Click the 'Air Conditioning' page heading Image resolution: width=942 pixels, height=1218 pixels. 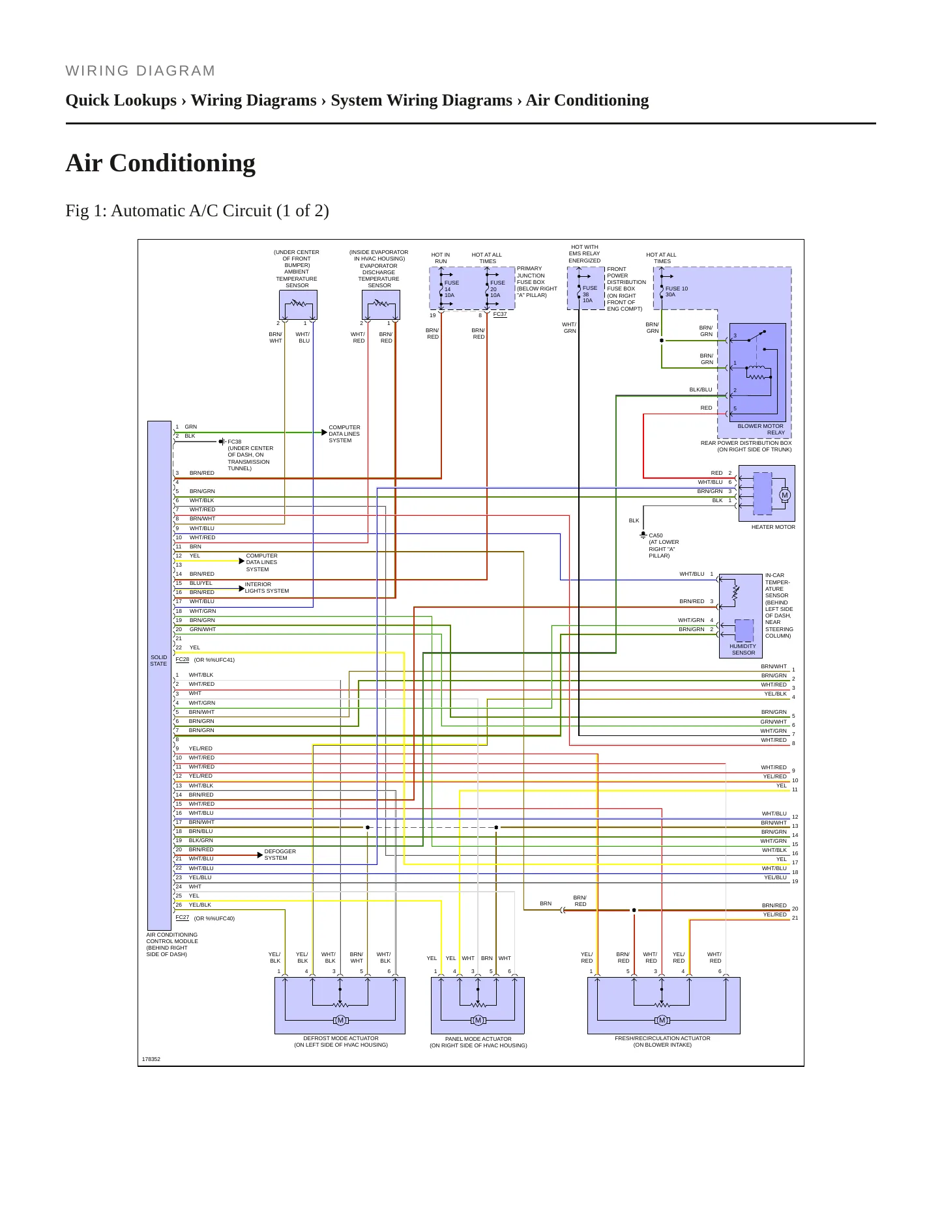[x=160, y=163]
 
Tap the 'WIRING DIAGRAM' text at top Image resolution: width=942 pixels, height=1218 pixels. [x=140, y=71]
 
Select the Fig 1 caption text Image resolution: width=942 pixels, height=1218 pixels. [x=197, y=211]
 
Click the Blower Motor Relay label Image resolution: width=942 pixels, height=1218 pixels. [x=761, y=429]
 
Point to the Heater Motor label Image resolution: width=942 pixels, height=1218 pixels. [x=773, y=527]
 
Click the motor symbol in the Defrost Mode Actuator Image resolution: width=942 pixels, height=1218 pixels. [x=340, y=1020]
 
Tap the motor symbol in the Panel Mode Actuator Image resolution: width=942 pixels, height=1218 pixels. [x=478, y=1020]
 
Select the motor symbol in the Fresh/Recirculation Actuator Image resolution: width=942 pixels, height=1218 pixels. [x=662, y=1020]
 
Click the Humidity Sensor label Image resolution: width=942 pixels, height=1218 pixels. [x=743, y=649]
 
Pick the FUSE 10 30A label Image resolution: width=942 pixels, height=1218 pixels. [x=676, y=292]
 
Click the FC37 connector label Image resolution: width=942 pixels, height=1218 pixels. [x=500, y=314]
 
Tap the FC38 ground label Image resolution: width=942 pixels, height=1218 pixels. [x=235, y=442]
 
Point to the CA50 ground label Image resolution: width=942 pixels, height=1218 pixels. [x=656, y=535]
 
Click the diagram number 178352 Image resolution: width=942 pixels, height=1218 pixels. [x=151, y=1059]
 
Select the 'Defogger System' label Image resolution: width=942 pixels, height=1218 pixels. [x=280, y=855]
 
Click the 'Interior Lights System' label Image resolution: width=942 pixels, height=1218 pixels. [x=267, y=588]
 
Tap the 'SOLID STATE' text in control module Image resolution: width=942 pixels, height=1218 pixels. [x=158, y=660]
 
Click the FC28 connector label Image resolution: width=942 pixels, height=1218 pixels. [x=183, y=659]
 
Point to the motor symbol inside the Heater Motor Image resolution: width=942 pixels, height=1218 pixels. [x=784, y=495]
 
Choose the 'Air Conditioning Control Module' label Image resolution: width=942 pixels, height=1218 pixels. [x=172, y=944]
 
